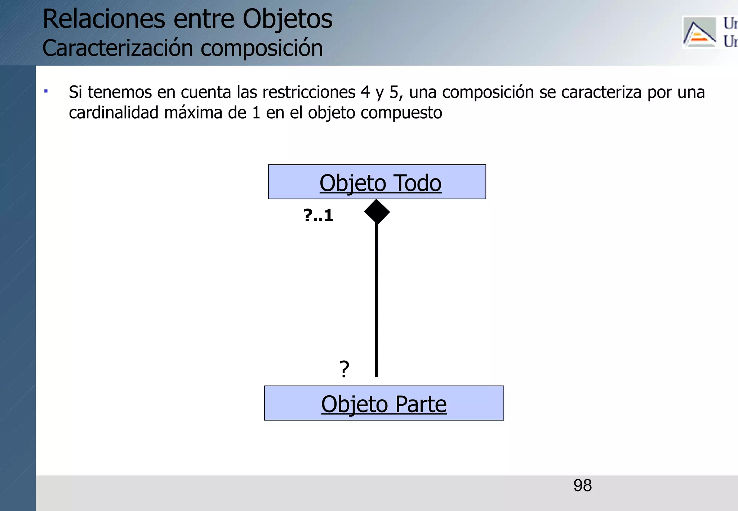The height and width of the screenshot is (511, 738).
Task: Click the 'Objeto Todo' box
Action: tap(377, 182)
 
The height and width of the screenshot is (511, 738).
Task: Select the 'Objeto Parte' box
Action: tap(384, 403)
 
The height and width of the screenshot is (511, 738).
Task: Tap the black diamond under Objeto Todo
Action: tap(377, 212)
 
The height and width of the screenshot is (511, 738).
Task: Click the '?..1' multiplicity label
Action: tap(319, 215)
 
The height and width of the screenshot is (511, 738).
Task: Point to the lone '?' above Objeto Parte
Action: tap(344, 369)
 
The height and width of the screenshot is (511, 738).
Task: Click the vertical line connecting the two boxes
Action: tap(377, 299)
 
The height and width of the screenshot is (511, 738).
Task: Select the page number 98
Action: tap(582, 486)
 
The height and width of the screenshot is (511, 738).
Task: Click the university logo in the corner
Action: tap(699, 32)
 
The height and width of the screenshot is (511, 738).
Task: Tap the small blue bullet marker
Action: tap(46, 91)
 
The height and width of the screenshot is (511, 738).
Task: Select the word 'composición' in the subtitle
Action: tap(262, 48)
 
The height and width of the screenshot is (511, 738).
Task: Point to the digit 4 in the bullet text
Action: tap(365, 92)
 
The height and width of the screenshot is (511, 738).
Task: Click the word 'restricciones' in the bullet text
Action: tap(309, 92)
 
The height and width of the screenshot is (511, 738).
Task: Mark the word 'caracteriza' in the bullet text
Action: tap(601, 92)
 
